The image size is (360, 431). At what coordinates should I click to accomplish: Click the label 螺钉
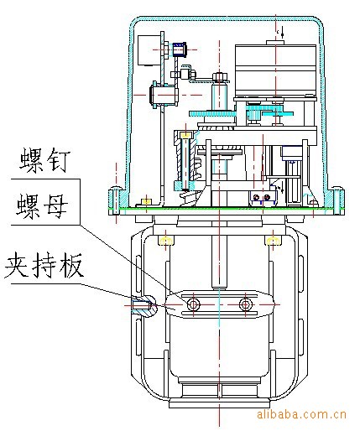pos(44,160)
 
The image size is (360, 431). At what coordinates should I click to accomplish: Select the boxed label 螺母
pos(43,207)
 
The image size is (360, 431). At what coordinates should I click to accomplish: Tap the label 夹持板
pos(44,265)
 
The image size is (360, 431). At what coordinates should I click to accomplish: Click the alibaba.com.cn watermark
pos(301,413)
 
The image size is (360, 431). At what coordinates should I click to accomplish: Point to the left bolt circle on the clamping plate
pos(193,304)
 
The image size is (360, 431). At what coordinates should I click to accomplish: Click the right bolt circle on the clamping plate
pos(246,304)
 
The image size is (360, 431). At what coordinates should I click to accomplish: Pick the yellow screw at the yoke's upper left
pos(166,241)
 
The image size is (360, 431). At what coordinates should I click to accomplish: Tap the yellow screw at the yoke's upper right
pos(273,241)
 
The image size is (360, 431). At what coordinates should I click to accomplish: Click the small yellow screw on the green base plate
pos(146,201)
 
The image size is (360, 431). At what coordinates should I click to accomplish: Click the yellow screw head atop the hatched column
pos(185,135)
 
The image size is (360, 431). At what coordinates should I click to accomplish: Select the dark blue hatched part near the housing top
pos(180,49)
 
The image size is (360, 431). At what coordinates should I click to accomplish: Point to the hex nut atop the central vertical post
pos(220,76)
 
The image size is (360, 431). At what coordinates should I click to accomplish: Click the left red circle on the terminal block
pos(256,197)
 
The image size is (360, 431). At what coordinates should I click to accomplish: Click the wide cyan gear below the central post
pos(212,113)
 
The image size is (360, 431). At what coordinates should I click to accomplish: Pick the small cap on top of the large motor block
pos(275,42)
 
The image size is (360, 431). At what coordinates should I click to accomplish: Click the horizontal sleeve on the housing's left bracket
pos(164,95)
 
